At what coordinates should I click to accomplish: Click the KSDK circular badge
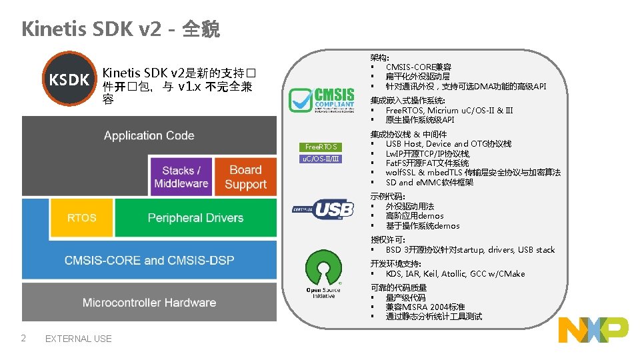(x=69, y=79)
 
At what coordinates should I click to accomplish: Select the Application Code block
(x=149, y=135)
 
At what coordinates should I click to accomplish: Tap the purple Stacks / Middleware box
(x=181, y=177)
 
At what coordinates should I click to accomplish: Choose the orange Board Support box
(x=245, y=177)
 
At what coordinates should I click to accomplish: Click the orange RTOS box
(x=81, y=218)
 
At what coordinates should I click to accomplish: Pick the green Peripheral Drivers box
(x=195, y=218)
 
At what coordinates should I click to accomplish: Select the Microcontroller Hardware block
(x=149, y=303)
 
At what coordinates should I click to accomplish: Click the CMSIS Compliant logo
(x=321, y=101)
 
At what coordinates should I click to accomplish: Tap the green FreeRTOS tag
(x=321, y=147)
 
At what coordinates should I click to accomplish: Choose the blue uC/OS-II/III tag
(x=321, y=159)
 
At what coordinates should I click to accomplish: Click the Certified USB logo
(x=323, y=209)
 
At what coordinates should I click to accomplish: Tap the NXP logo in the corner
(x=593, y=330)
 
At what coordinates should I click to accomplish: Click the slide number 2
(x=23, y=338)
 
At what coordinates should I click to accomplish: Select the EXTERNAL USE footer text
(x=78, y=339)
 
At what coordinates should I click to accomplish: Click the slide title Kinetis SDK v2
(x=120, y=29)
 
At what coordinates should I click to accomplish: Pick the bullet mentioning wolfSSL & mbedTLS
(x=473, y=173)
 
